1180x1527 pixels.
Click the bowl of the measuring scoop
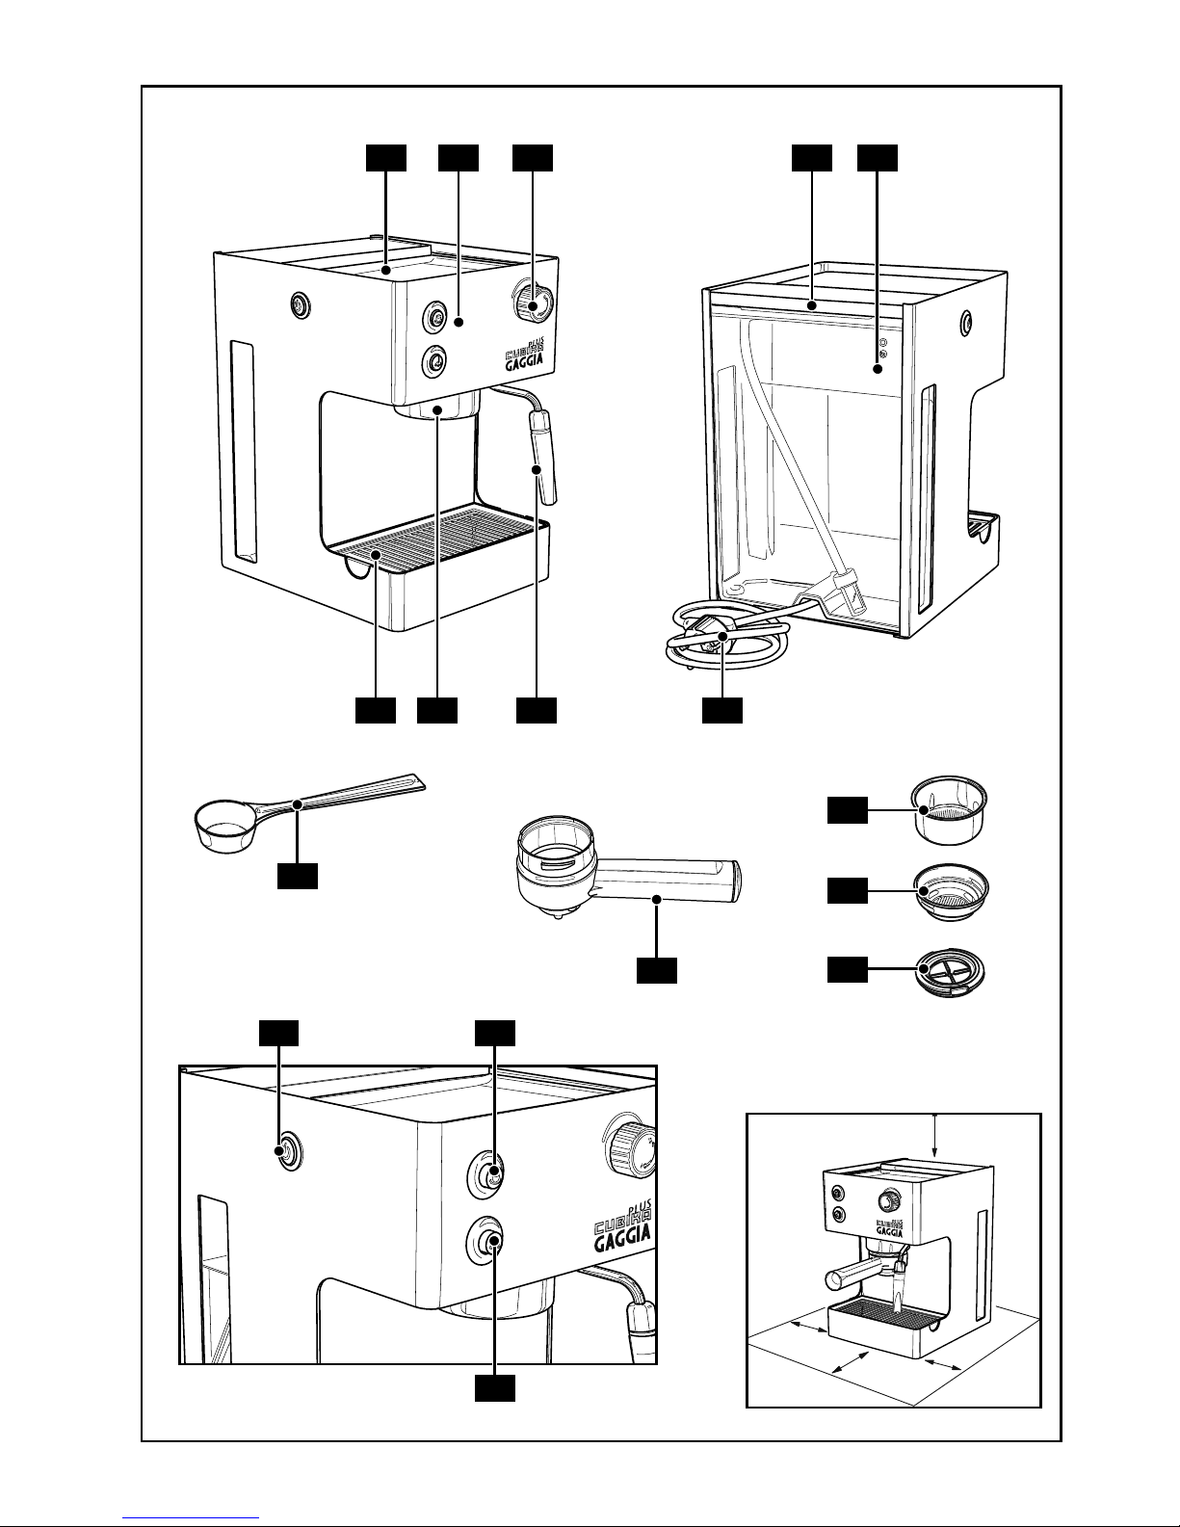click(221, 827)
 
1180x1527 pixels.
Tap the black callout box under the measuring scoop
click(297, 876)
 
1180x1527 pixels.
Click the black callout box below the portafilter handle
click(656, 971)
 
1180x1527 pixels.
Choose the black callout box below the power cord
click(721, 710)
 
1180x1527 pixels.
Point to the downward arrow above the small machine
click(935, 1136)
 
